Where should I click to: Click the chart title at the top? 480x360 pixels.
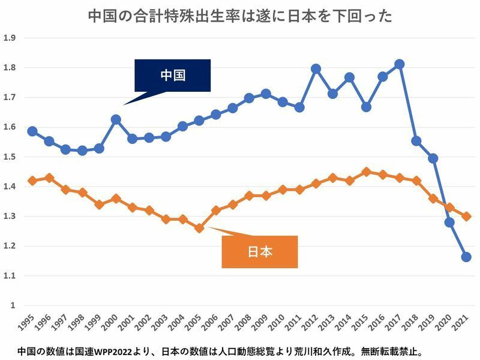(x=240, y=16)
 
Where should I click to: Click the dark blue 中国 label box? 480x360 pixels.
(x=172, y=76)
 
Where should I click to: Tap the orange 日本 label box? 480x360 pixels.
(x=259, y=251)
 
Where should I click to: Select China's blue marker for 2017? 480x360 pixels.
(x=400, y=64)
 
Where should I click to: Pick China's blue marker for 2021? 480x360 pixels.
(x=466, y=257)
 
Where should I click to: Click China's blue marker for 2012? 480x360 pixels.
(x=316, y=69)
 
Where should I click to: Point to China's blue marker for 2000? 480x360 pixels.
(x=116, y=119)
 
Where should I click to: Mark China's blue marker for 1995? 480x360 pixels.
(x=32, y=131)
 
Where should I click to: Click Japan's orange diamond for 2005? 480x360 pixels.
(x=199, y=228)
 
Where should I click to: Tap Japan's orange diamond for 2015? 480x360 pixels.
(x=366, y=172)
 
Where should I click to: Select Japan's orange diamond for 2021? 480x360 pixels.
(x=466, y=216)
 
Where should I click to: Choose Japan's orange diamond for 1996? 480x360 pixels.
(x=49, y=178)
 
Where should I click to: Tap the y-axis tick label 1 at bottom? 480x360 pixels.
(x=11, y=305)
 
